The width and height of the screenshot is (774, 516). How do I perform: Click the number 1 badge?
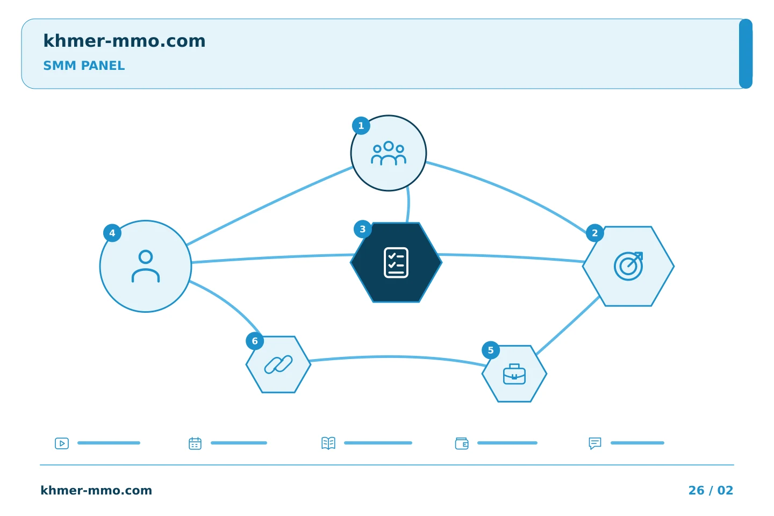point(361,125)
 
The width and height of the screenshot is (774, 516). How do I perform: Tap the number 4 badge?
point(112,233)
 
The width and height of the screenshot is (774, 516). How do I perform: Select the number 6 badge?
point(255,341)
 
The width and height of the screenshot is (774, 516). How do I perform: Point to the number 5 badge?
point(491,350)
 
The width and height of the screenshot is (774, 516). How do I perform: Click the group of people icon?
point(389,153)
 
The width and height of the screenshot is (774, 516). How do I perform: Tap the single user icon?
point(146,266)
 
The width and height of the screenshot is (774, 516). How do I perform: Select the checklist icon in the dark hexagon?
point(396,263)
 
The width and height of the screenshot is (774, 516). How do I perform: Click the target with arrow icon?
point(628,266)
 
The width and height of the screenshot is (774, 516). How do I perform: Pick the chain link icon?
point(278,364)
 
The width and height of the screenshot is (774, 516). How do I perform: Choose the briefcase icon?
point(514,374)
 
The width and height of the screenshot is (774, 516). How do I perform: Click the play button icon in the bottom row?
point(62,443)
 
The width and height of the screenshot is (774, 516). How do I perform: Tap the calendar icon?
point(195,443)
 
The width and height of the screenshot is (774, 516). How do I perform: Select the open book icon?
point(328,443)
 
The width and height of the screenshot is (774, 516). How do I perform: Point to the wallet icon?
point(462,443)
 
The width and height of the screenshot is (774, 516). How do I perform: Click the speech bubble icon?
point(595,443)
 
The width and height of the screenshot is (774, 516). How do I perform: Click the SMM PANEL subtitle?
point(84,66)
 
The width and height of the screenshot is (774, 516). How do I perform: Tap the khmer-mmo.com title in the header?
point(124,41)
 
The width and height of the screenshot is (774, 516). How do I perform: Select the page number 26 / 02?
point(711,490)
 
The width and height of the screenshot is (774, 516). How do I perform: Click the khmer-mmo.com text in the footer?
point(96,490)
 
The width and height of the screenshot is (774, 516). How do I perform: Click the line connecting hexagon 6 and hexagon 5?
point(397,356)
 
